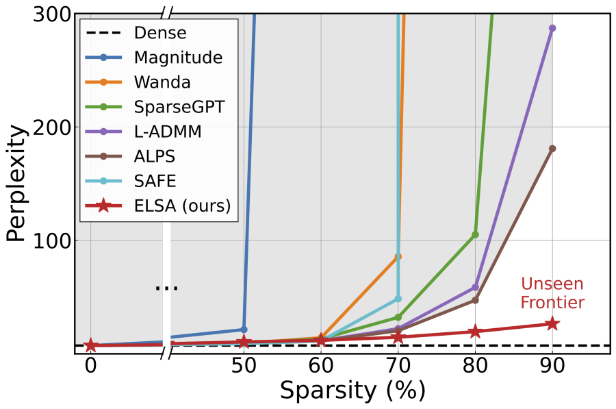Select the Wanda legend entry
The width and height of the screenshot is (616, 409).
[162, 82]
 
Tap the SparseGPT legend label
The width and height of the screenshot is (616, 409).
[178, 107]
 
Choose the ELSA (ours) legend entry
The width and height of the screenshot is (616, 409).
[181, 206]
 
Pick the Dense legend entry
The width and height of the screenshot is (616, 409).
[160, 33]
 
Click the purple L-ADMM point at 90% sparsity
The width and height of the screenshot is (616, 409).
[552, 28]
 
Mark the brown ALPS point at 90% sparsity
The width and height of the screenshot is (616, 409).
[552, 149]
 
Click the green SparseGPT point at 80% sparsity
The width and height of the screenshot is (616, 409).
[475, 234]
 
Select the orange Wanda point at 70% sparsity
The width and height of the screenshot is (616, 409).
[398, 256]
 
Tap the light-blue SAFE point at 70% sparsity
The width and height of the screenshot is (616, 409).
[398, 299]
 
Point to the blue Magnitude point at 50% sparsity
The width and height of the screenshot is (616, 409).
[244, 330]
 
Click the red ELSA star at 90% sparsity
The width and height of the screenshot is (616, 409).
[552, 323]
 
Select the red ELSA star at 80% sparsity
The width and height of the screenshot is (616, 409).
[475, 332]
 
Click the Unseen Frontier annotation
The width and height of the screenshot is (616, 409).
[552, 293]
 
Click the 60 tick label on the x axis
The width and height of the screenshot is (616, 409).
[321, 367]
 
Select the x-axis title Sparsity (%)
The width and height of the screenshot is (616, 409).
[352, 391]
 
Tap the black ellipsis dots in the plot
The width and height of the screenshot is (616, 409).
[166, 288]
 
